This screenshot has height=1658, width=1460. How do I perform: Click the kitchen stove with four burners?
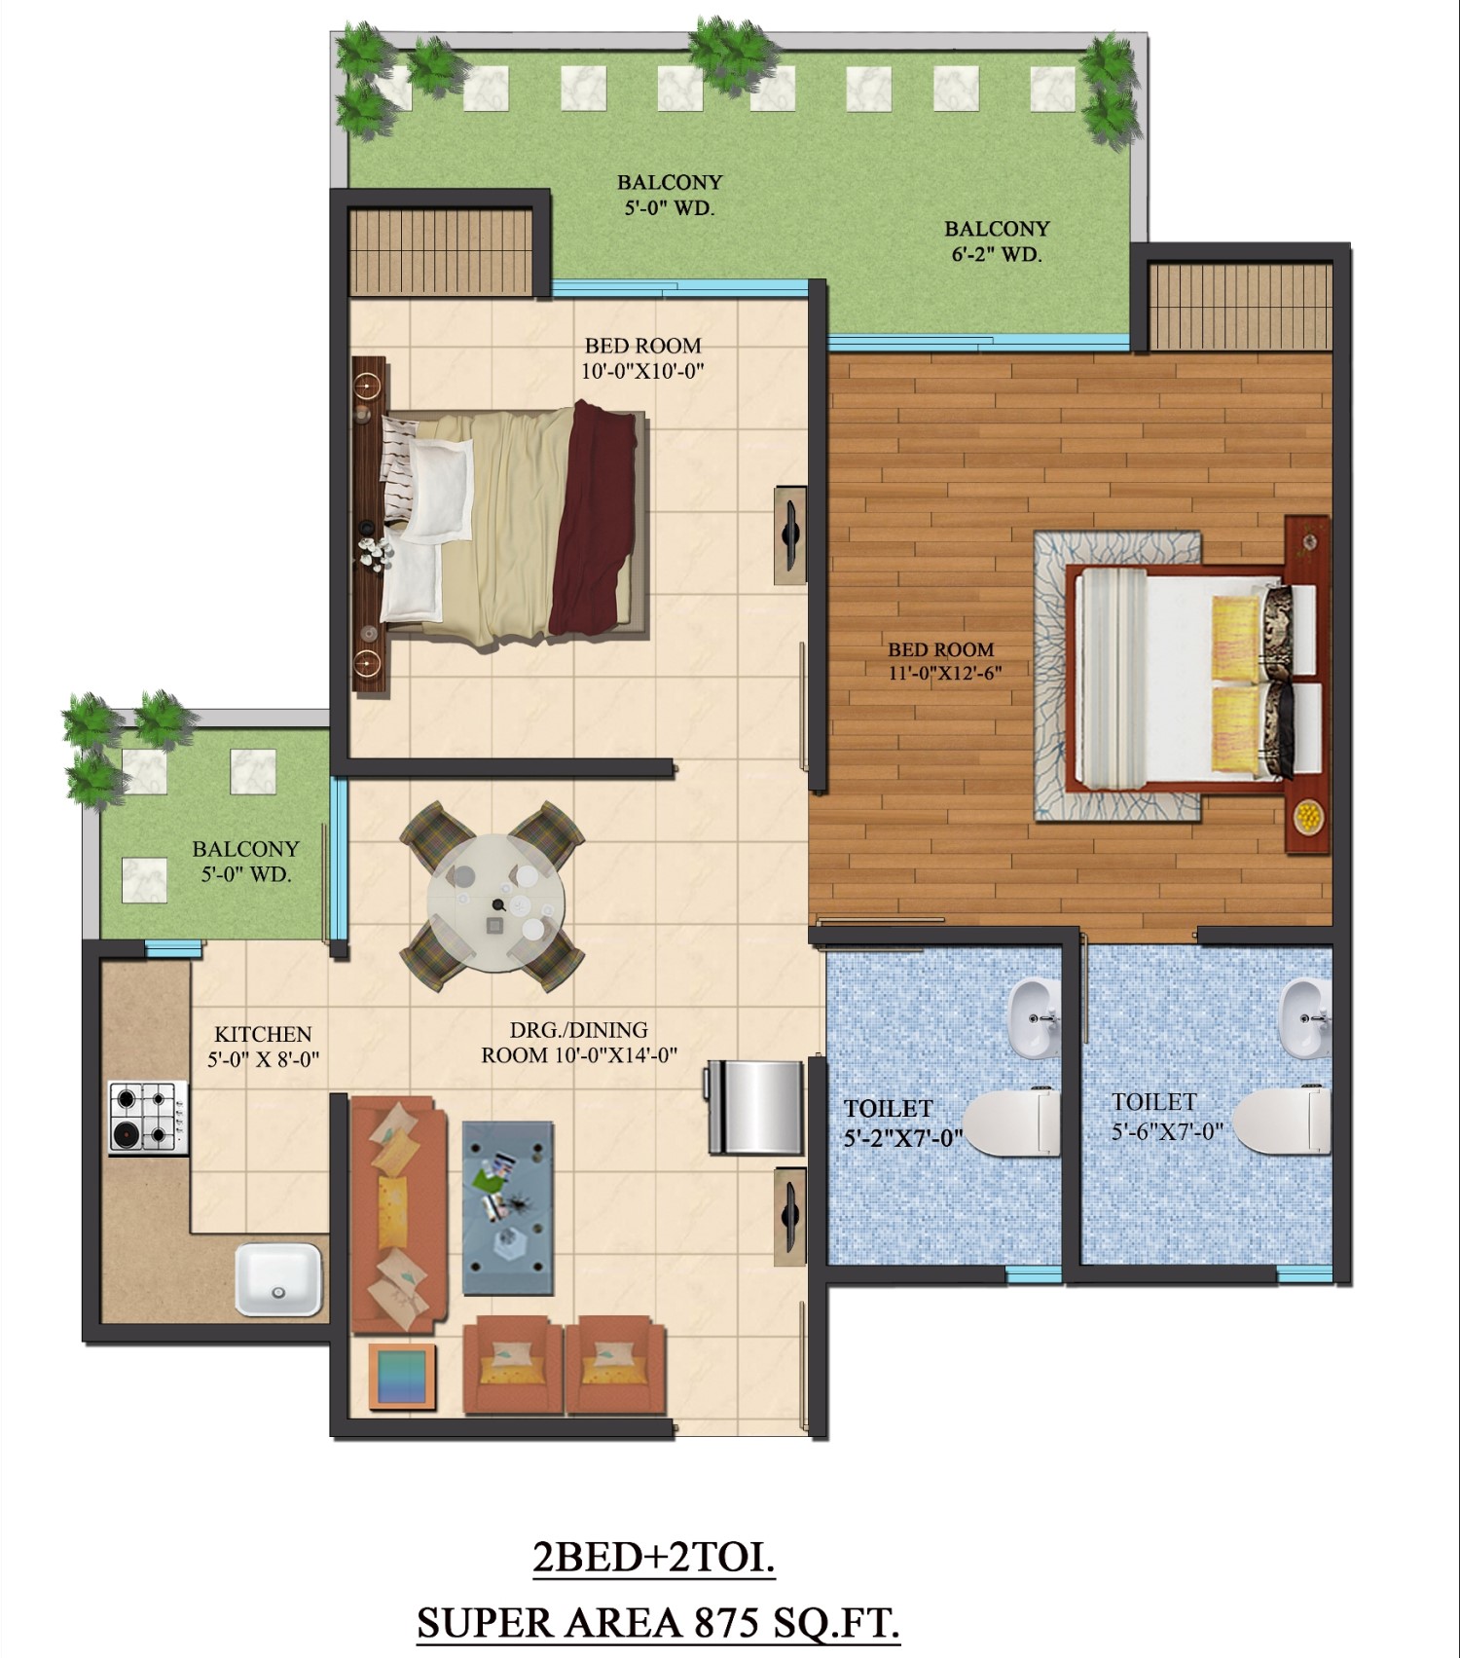[x=148, y=1118]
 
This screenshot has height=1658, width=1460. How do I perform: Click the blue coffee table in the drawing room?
[x=508, y=1207]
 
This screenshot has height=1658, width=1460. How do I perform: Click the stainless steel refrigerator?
[x=756, y=1106]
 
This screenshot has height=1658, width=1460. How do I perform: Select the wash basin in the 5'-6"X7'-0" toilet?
[x=1305, y=1018]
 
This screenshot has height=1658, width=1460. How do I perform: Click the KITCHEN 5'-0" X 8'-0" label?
[x=263, y=1047]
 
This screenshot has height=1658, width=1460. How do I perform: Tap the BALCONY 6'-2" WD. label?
[x=997, y=241]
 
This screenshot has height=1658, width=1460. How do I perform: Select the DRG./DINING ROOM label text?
[x=579, y=1042]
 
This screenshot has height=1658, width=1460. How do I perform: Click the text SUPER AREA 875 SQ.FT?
[x=658, y=1622]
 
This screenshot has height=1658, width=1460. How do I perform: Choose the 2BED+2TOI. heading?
[x=654, y=1558]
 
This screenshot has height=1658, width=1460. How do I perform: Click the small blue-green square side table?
[x=402, y=1376]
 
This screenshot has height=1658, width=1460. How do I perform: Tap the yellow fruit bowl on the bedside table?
[x=1308, y=813]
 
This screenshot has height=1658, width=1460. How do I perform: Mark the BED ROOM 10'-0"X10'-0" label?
[x=642, y=357]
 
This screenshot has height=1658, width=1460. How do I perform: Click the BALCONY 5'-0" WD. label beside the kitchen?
[x=245, y=862]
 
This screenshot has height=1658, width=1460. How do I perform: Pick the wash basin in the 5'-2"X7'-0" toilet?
[x=1033, y=1018]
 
